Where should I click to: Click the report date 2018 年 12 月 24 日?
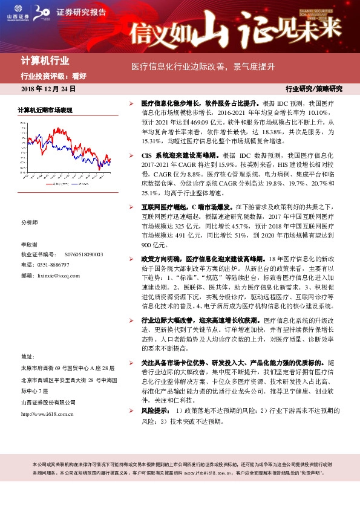point(48,89)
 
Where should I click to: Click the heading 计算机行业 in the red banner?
point(45,60)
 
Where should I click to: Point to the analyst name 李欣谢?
point(30,245)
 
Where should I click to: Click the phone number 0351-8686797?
point(55,264)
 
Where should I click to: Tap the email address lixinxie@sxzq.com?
point(58,274)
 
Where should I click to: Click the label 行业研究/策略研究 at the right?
point(313,89)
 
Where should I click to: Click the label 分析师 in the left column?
point(28,222)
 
